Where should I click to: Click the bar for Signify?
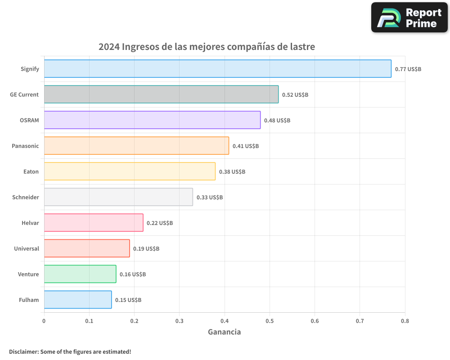click(217, 69)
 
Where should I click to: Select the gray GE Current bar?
click(161, 94)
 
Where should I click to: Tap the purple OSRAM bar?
click(152, 120)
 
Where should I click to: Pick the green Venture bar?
click(80, 274)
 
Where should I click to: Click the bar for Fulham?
click(78, 300)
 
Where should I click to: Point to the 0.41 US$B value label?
click(246, 146)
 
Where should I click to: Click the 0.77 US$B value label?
click(408, 69)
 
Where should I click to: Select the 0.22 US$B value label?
click(160, 223)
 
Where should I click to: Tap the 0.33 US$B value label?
click(210, 198)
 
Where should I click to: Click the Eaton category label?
click(31, 171)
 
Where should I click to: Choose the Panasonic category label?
click(25, 146)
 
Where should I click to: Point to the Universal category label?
click(27, 248)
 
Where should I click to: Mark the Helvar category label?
click(30, 223)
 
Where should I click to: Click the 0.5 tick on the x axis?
click(270, 321)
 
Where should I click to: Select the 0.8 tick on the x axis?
click(405, 321)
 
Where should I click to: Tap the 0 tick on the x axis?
click(44, 321)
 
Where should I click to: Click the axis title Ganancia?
click(224, 332)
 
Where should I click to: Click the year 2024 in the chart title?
click(109, 47)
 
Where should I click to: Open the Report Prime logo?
click(409, 18)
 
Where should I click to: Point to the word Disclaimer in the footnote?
click(23, 351)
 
